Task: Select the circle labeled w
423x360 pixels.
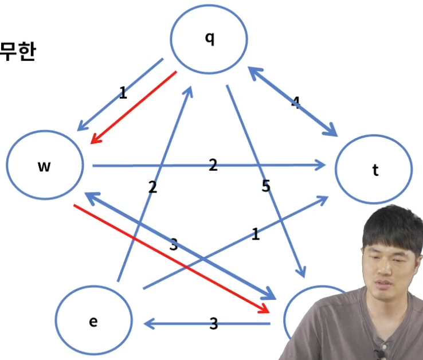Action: [x=45, y=165]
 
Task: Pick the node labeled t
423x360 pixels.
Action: [x=374, y=170]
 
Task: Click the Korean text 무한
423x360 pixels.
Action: [x=17, y=53]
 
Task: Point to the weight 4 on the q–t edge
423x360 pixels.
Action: [x=296, y=103]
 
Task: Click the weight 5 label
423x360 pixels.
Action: [x=266, y=186]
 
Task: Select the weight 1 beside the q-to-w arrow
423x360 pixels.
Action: [x=123, y=93]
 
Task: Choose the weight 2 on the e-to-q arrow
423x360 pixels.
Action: [x=152, y=187]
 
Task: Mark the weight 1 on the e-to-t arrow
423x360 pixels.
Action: [x=256, y=234]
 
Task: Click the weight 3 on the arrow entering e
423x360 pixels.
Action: [x=213, y=324]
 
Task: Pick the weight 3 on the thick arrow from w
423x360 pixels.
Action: [x=174, y=245]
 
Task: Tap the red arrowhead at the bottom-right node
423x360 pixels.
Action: [x=264, y=308]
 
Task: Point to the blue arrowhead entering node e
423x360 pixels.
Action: [x=149, y=324]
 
